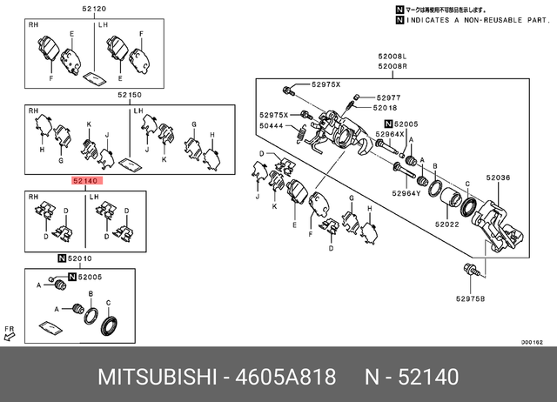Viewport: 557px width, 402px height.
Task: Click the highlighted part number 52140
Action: [86, 182]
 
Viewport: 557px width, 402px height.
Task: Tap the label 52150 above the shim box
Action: [130, 94]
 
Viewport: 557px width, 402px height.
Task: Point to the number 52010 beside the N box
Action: [80, 259]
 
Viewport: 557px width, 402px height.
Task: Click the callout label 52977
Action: [388, 97]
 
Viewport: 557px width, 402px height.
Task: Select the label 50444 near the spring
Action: [272, 126]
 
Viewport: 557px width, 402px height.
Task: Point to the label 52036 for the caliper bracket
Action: [497, 178]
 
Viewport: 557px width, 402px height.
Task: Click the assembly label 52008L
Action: [392, 55]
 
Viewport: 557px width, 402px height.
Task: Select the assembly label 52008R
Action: [392, 65]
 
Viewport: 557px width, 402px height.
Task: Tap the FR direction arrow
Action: [10, 333]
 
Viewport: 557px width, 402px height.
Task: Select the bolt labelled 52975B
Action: [471, 270]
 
